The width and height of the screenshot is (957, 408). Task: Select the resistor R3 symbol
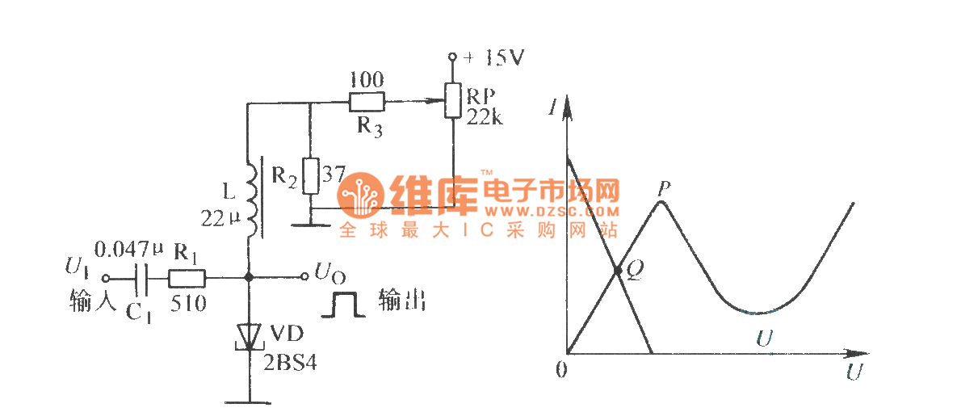[x=367, y=103]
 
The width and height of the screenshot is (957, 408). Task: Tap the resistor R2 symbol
[x=310, y=175]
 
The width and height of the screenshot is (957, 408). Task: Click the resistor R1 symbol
[x=187, y=278]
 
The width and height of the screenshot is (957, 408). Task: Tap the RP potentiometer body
[x=453, y=103]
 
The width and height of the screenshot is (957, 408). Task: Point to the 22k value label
[x=484, y=118]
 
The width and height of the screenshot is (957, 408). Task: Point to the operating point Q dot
[x=617, y=271]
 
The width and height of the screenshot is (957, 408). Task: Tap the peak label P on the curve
[x=664, y=187]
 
